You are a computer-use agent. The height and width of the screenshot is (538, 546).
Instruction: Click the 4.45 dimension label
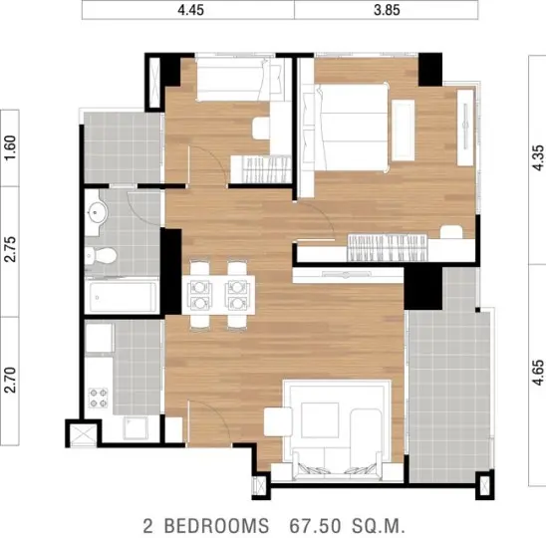tap(190, 10)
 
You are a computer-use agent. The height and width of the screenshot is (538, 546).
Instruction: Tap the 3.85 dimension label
tap(387, 10)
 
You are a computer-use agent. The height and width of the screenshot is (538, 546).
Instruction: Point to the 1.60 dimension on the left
tap(10, 147)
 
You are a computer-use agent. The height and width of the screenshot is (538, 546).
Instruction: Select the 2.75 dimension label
tap(10, 249)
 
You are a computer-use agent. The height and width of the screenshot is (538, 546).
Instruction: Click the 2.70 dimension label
tap(10, 381)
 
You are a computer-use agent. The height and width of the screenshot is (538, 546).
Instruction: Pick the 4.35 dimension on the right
tap(538, 157)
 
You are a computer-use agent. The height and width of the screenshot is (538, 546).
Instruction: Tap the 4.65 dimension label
tap(538, 373)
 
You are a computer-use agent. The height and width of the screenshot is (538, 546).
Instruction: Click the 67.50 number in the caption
tap(316, 526)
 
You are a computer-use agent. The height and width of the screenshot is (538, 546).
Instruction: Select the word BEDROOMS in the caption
tap(216, 526)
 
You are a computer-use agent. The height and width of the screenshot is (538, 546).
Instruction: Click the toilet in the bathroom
tap(102, 256)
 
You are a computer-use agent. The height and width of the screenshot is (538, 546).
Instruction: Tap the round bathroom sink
tap(98, 212)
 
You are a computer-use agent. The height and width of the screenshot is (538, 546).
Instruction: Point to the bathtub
tap(122, 297)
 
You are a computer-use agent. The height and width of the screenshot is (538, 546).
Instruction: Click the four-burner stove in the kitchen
tap(99, 398)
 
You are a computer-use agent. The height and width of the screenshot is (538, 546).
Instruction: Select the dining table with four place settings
tap(218, 295)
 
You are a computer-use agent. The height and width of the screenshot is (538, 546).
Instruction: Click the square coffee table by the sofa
tap(320, 420)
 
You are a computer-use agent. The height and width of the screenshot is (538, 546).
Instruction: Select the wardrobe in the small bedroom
tap(261, 169)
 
